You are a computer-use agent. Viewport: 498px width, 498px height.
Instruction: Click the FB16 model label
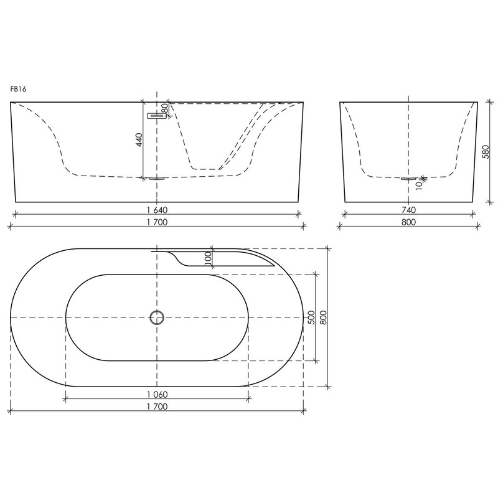point(18,89)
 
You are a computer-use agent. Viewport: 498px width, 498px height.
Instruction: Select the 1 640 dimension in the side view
point(157,210)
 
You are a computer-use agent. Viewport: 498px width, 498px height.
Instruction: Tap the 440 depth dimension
point(139,139)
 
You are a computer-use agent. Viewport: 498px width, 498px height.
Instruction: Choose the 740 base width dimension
point(408,210)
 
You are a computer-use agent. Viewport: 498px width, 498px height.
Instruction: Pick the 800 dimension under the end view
point(408,222)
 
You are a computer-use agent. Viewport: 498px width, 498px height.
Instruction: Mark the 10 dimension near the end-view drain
point(419,185)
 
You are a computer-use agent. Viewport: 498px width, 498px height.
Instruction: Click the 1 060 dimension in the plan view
point(157,395)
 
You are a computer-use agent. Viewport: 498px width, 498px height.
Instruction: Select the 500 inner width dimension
point(311,317)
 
